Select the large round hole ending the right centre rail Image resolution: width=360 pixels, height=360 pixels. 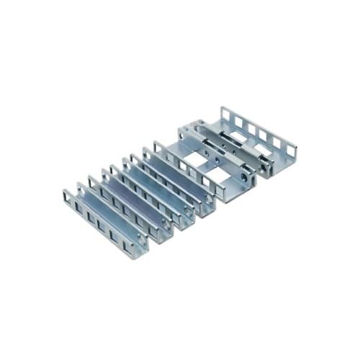[x=267, y=167]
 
